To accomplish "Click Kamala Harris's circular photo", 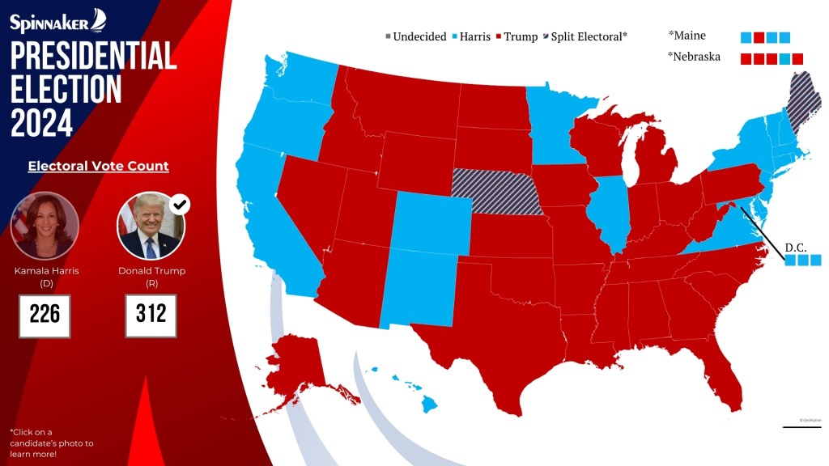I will tap(45, 224).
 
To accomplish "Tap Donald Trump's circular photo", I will tap(151, 225).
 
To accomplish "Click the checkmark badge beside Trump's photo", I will tap(181, 204).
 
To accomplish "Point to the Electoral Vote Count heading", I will tap(98, 166).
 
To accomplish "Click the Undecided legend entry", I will tap(416, 36).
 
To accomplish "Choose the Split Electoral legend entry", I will tap(588, 36).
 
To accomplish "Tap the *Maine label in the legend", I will tap(687, 36).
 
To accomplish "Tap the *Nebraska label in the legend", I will tap(694, 57).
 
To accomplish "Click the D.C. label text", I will tap(796, 247).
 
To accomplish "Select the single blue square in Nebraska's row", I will tap(784, 58).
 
